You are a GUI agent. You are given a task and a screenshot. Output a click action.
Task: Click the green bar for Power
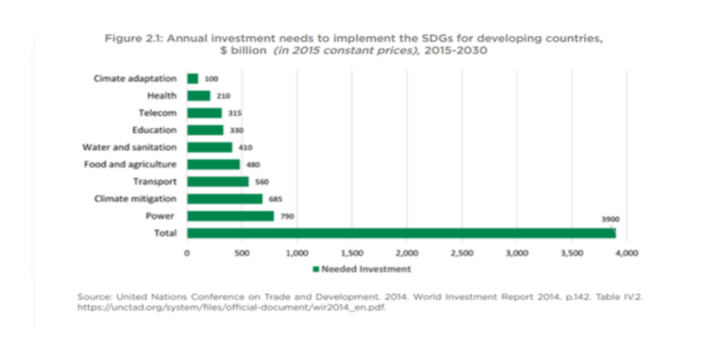point(230,216)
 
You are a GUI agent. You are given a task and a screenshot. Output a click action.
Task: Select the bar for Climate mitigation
point(225,199)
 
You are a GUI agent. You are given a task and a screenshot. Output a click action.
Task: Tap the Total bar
point(401,233)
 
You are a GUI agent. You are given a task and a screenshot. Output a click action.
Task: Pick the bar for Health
point(198,95)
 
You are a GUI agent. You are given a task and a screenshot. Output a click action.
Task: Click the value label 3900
point(611,219)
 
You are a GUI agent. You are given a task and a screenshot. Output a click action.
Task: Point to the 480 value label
point(253,165)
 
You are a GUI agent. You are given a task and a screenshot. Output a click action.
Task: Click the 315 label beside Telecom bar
point(235,113)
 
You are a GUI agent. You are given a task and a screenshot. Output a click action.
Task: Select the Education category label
point(154,130)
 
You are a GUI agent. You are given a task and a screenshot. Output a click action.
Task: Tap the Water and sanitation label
point(129,147)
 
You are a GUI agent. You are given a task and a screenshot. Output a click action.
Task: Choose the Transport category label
point(155,181)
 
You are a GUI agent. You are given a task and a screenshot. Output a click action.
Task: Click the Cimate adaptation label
point(135,78)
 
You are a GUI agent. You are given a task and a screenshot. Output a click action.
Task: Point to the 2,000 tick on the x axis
point(407,252)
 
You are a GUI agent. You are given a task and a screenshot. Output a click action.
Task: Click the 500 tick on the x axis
point(241,252)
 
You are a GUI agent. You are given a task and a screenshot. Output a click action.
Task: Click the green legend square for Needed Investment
point(315,269)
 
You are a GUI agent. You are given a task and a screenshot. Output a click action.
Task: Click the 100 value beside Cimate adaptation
point(211,79)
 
